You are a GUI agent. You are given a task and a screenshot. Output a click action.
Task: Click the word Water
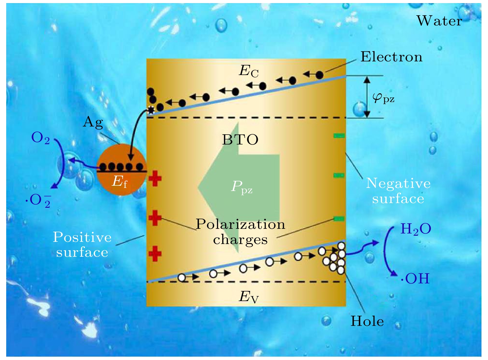[439, 21]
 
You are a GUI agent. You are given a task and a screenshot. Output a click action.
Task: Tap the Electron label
[391, 57]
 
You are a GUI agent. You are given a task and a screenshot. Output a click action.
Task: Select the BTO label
[240, 140]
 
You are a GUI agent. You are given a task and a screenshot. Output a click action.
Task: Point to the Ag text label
[93, 122]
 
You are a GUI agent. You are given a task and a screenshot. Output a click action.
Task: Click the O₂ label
[40, 138]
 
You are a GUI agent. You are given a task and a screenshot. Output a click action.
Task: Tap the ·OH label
[415, 278]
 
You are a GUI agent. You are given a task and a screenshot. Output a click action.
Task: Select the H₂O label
[415, 229]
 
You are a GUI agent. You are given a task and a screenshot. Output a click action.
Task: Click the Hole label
[367, 321]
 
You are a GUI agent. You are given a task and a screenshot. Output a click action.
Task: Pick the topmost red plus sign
[155, 179]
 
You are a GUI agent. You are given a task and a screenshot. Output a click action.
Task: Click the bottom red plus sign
[155, 254]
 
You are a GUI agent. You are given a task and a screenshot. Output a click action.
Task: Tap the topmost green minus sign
[339, 136]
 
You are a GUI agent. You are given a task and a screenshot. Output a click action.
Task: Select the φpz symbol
[383, 98]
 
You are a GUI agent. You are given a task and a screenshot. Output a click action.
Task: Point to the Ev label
[248, 297]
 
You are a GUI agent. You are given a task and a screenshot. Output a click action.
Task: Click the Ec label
[248, 71]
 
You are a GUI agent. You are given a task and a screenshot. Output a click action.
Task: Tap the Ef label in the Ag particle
[119, 181]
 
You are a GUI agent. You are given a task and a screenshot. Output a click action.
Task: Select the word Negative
[398, 184]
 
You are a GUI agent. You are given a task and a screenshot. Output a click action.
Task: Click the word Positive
[82, 238]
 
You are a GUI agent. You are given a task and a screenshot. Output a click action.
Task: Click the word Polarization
[240, 224]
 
